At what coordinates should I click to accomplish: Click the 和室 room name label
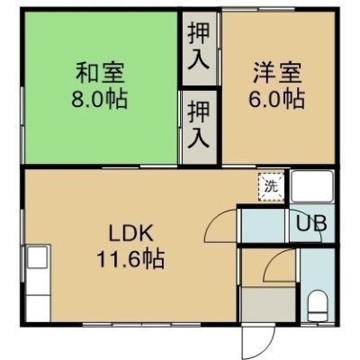[100, 73]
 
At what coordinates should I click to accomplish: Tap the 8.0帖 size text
[99, 99]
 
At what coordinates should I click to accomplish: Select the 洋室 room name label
[277, 73]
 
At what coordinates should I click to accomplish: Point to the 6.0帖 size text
[276, 99]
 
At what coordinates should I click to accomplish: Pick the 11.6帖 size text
[130, 258]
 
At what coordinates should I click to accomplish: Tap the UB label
[311, 223]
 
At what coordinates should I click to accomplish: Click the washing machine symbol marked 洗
[271, 187]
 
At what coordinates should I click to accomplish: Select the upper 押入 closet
[199, 48]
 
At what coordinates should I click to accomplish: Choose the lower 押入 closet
[199, 127]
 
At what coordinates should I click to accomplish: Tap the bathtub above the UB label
[312, 186]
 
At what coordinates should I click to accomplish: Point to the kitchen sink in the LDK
[38, 257]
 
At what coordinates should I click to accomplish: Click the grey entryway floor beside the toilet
[268, 304]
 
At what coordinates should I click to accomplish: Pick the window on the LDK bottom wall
[141, 324]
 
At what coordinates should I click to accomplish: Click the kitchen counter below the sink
[38, 308]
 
